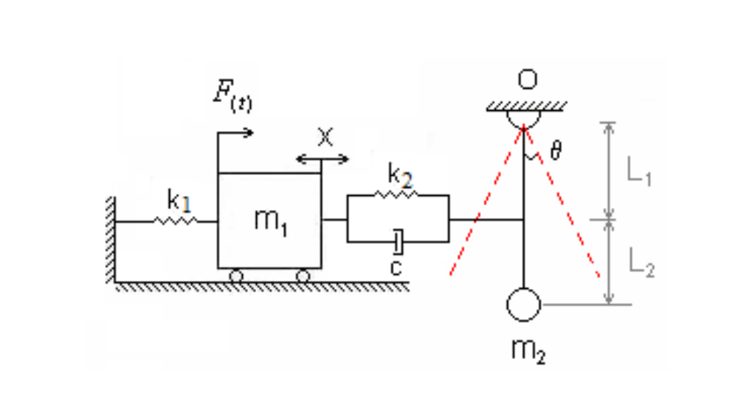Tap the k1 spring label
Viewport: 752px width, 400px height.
(178, 200)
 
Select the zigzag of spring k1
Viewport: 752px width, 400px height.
(176, 220)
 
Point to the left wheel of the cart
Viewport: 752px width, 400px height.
(236, 276)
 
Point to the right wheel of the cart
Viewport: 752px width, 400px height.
(302, 276)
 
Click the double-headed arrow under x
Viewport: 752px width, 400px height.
(322, 159)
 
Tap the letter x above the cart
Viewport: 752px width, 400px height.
(323, 136)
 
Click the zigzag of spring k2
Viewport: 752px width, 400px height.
(396, 194)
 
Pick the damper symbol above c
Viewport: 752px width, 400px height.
(398, 241)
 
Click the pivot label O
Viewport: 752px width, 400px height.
(526, 78)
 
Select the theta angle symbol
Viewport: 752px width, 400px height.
(555, 151)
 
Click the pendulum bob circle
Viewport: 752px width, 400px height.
(523, 305)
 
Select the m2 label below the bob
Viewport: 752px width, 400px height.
(527, 350)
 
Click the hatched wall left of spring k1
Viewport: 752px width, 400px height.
(109, 238)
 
